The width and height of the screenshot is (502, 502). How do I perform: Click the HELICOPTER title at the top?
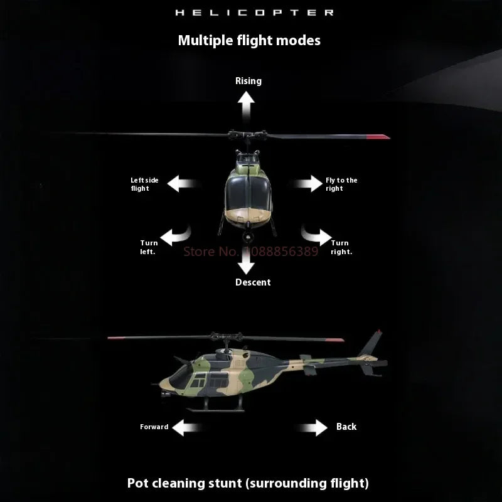(x=254, y=13)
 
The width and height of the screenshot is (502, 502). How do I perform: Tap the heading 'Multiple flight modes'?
(x=249, y=40)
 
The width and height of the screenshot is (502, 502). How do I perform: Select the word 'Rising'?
(x=248, y=80)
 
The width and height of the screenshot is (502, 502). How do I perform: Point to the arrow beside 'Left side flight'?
(x=182, y=184)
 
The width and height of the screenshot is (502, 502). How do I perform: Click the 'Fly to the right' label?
(x=341, y=184)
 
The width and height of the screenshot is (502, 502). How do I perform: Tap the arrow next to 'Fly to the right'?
(x=309, y=184)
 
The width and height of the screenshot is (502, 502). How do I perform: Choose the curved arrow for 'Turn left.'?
(x=176, y=235)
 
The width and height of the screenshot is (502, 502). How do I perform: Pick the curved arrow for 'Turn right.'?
(x=316, y=235)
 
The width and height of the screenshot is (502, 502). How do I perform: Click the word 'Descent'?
(x=253, y=282)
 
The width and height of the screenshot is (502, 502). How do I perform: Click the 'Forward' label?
(x=154, y=427)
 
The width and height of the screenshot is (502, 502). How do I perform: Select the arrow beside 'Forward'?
(x=188, y=428)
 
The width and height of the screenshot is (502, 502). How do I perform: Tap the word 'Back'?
(x=346, y=427)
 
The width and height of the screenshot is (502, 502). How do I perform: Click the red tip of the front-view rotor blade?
(x=378, y=136)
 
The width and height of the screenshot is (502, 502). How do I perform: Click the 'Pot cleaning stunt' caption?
(x=248, y=483)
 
